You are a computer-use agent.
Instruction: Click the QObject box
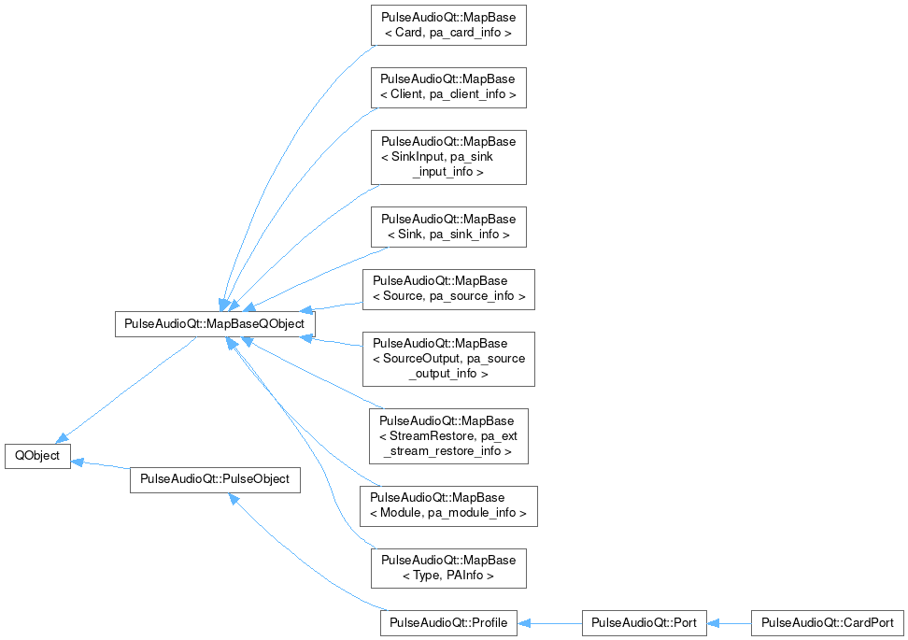click(x=38, y=456)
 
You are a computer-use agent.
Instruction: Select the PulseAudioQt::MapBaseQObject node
click(x=214, y=324)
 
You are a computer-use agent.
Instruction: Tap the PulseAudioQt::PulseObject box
click(x=214, y=479)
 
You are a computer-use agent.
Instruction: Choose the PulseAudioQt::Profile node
click(x=448, y=622)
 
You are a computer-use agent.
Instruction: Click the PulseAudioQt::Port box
click(x=644, y=622)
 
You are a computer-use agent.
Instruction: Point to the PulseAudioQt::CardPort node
click(x=828, y=622)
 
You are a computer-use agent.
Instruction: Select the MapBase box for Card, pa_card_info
click(x=448, y=25)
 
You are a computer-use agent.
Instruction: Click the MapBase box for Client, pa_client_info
click(x=448, y=87)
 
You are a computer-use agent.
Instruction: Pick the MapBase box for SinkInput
click(x=448, y=157)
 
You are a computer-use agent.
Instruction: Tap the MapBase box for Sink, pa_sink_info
click(x=448, y=226)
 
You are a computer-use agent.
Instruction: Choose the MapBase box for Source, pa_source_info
click(x=448, y=289)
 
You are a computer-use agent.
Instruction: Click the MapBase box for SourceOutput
click(x=448, y=359)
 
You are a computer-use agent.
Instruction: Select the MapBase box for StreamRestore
click(x=448, y=435)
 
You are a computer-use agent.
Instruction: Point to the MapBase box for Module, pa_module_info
click(x=448, y=505)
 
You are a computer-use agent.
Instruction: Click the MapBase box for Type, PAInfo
click(x=448, y=568)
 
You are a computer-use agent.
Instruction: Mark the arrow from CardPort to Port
click(x=729, y=622)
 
